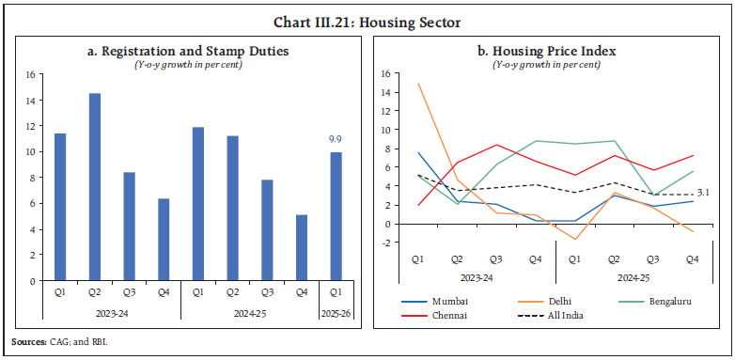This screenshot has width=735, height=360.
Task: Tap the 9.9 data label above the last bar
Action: (336, 139)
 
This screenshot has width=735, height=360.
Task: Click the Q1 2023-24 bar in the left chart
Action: (60, 207)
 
